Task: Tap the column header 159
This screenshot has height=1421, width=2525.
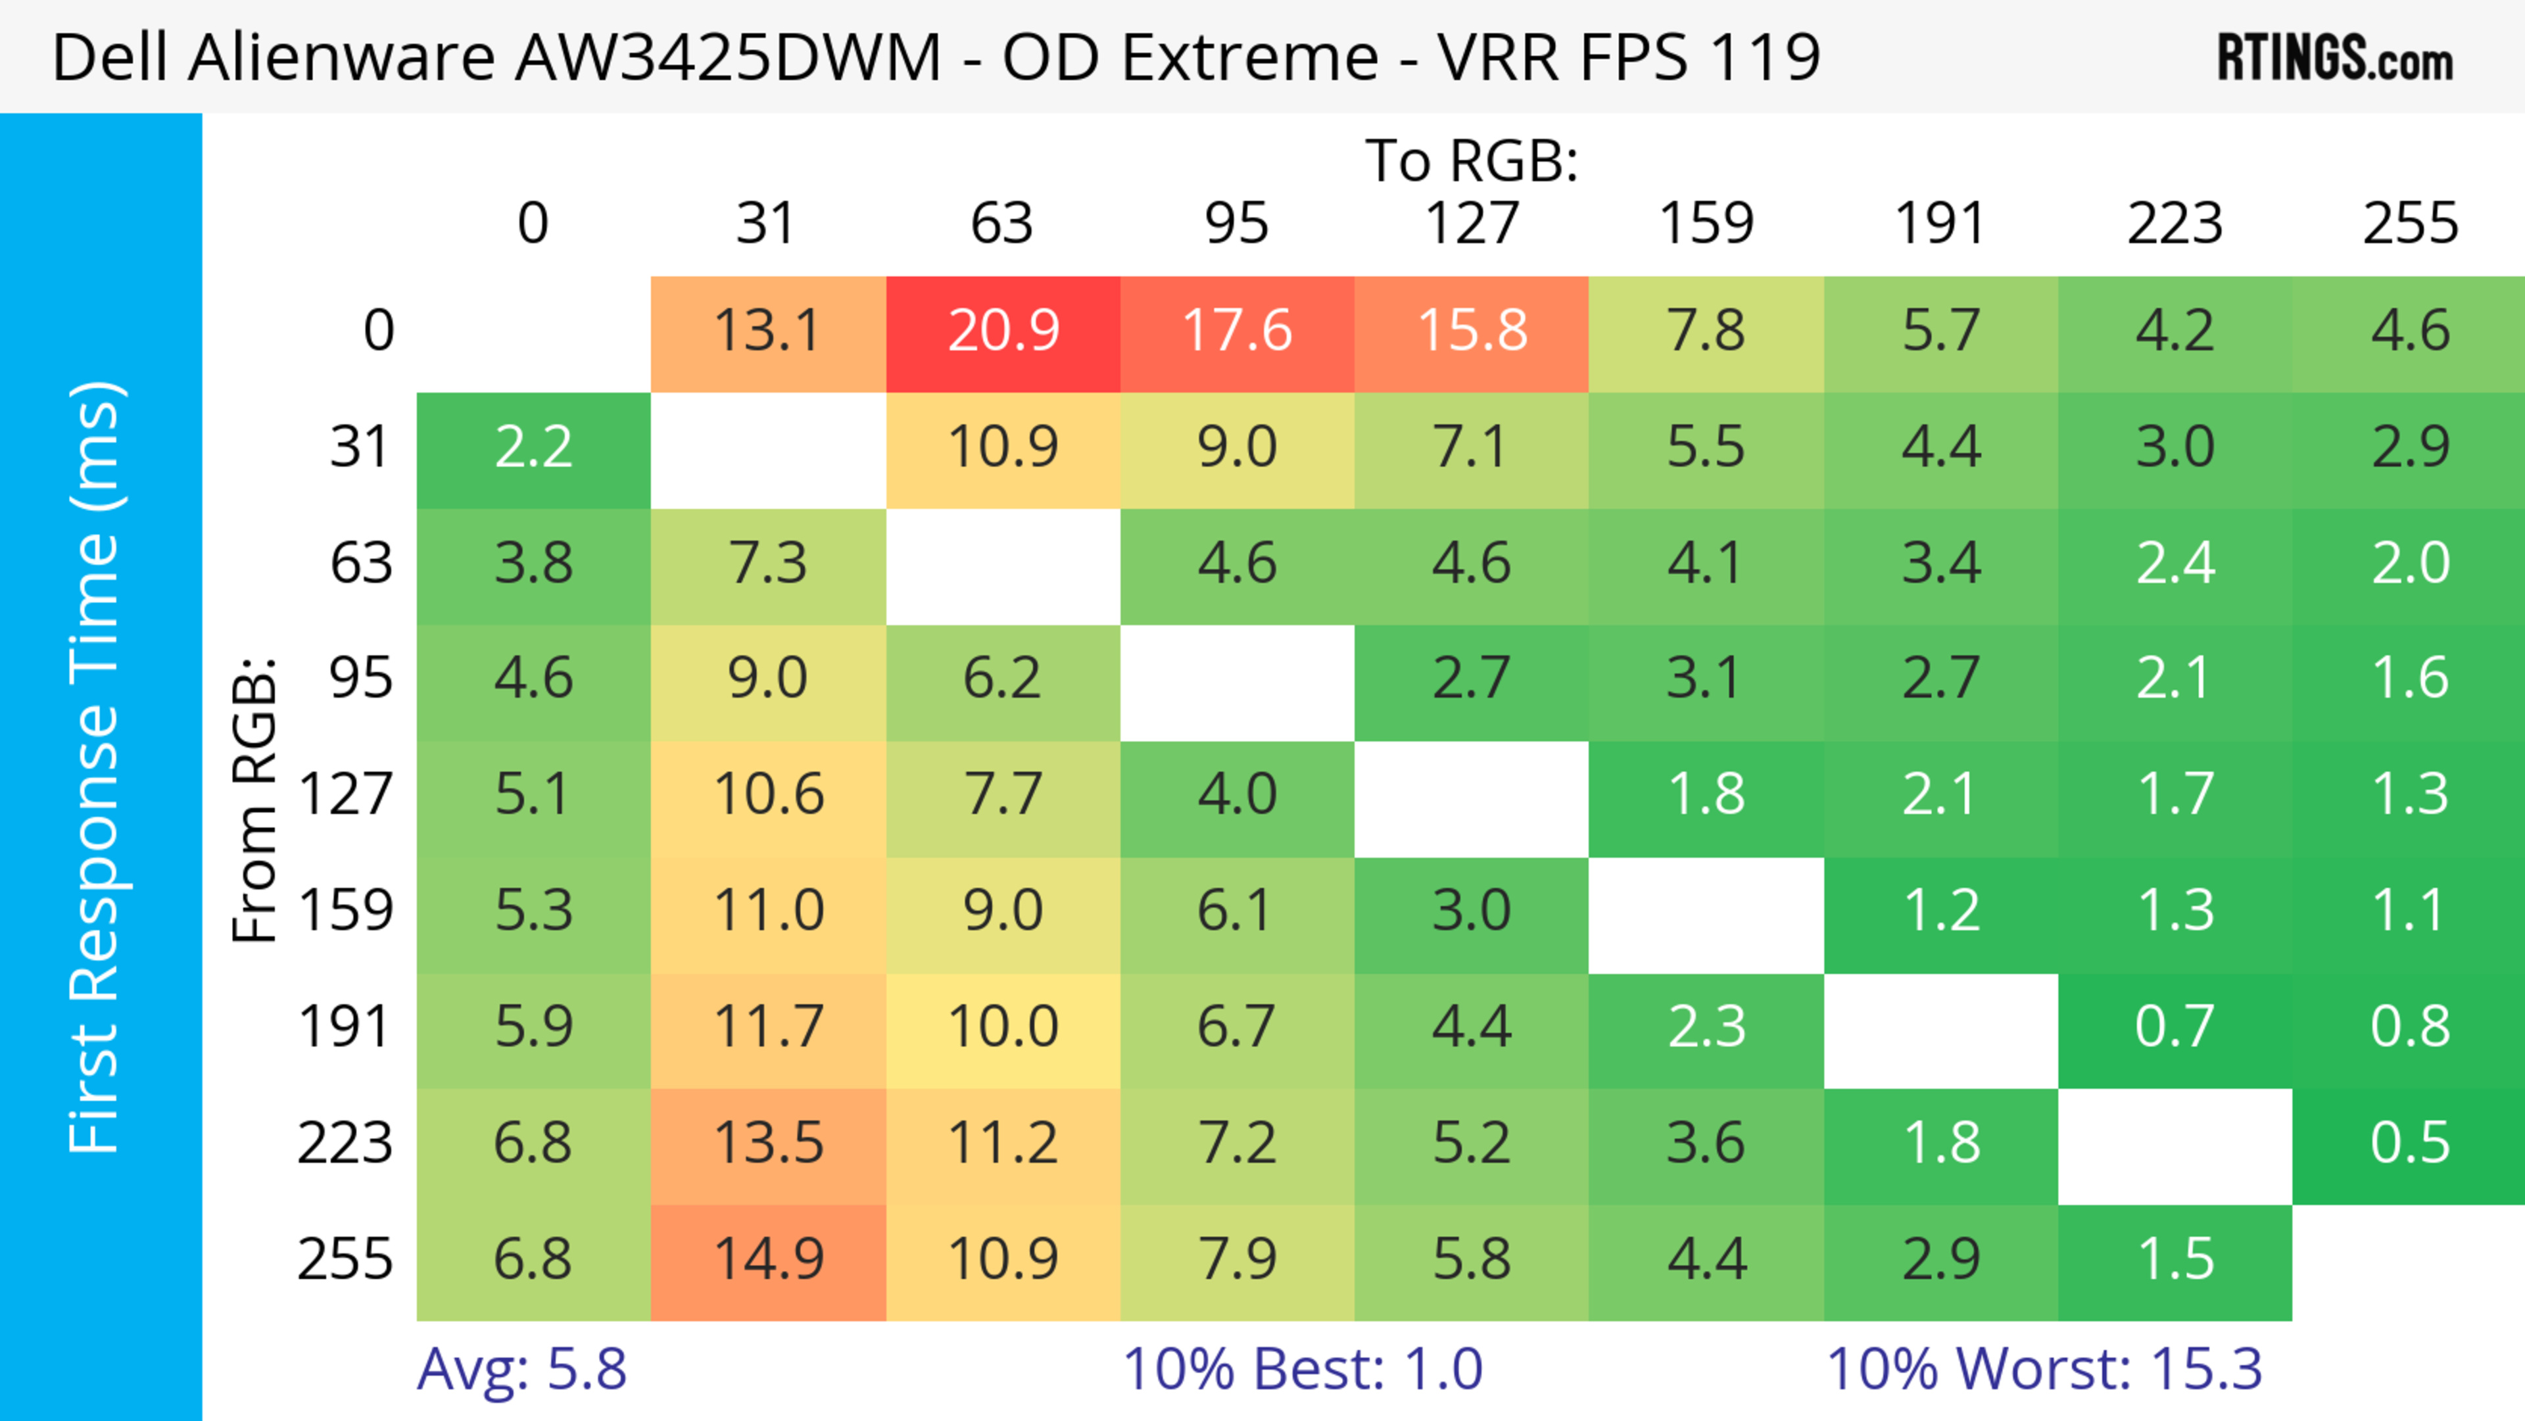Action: (1706, 224)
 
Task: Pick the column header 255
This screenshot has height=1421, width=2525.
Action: (2409, 224)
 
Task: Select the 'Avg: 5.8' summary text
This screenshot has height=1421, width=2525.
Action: (521, 1369)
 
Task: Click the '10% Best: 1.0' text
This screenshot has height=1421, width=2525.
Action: (1302, 1369)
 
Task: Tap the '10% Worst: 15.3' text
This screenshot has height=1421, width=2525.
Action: (2044, 1369)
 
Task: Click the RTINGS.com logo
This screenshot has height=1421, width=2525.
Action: (2335, 58)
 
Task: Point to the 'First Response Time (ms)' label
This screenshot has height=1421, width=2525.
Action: (95, 766)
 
